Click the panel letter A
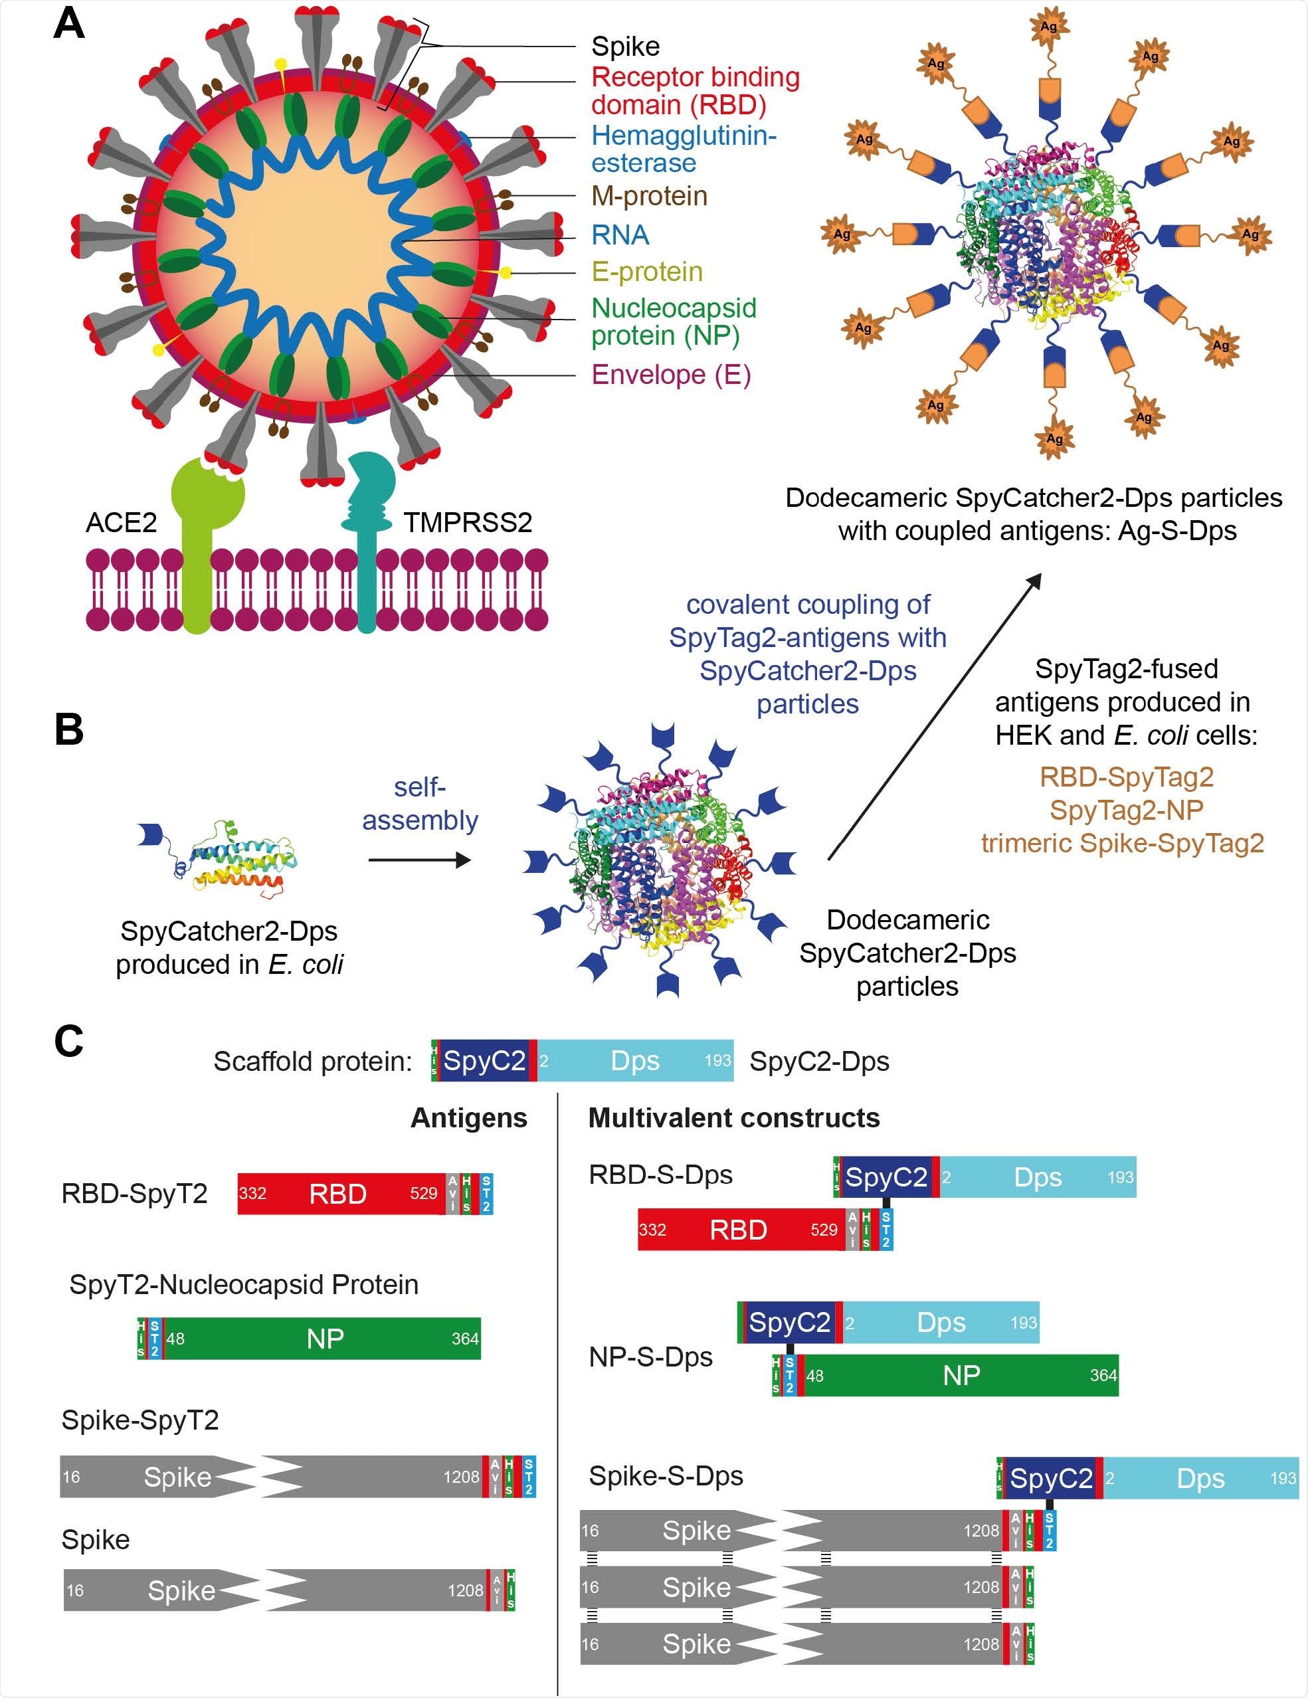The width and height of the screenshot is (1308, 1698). coord(68,23)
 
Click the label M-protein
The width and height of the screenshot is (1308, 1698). coord(649,196)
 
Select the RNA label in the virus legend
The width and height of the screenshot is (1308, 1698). coord(620,235)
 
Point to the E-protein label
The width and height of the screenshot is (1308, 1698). coord(647,271)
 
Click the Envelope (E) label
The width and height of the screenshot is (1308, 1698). coord(671,375)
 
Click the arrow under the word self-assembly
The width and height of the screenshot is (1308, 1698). coord(419,860)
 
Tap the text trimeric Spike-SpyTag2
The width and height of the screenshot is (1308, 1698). coord(1122,843)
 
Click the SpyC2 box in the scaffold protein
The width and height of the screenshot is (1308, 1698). coord(484,1060)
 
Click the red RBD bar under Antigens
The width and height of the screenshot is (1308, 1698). coord(338,1193)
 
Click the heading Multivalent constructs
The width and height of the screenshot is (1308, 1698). coord(733,1117)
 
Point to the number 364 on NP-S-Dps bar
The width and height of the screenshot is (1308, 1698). coord(1102,1375)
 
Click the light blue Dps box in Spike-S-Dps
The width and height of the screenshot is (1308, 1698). coord(1202,1478)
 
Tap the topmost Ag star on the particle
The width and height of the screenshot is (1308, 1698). coord(1048,27)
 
